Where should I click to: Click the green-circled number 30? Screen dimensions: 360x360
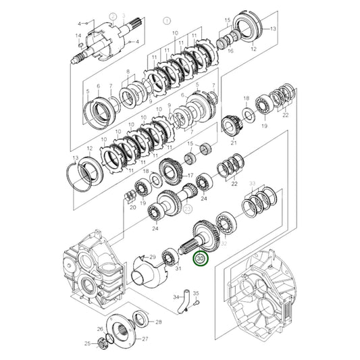pyautogui.click(x=201, y=257)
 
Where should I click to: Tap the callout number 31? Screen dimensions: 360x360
pyautogui.click(x=178, y=269)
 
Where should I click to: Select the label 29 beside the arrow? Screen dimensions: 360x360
pyautogui.click(x=153, y=257)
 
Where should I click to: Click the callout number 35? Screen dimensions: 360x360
pyautogui.click(x=197, y=292)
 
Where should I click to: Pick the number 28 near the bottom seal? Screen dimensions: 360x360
pyautogui.click(x=158, y=322)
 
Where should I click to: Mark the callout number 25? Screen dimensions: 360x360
pyautogui.click(x=86, y=344)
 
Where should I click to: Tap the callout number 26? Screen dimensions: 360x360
pyautogui.click(x=99, y=329)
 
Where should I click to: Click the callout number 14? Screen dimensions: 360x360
pyautogui.click(x=78, y=35)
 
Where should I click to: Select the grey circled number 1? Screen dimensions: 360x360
pyautogui.click(x=166, y=21)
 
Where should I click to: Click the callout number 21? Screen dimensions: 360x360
pyautogui.click(x=234, y=143)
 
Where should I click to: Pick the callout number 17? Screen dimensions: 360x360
pyautogui.click(x=190, y=176)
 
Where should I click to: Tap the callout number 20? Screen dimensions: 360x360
pyautogui.click(x=132, y=209)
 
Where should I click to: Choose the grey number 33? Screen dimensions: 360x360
pyautogui.click(x=252, y=183)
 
